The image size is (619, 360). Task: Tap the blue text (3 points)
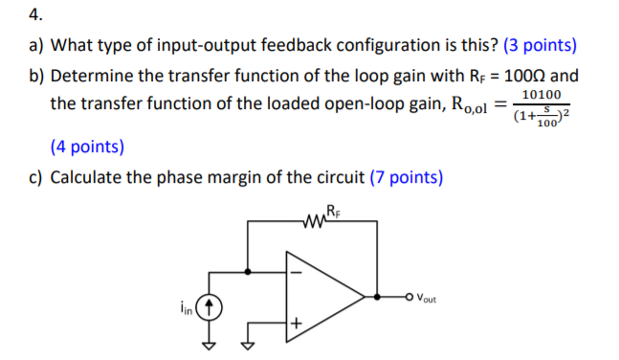(531, 45)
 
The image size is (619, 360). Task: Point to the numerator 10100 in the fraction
(542, 96)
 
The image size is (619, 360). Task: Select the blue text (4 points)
(87, 146)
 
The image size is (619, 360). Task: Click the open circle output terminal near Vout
(409, 296)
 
